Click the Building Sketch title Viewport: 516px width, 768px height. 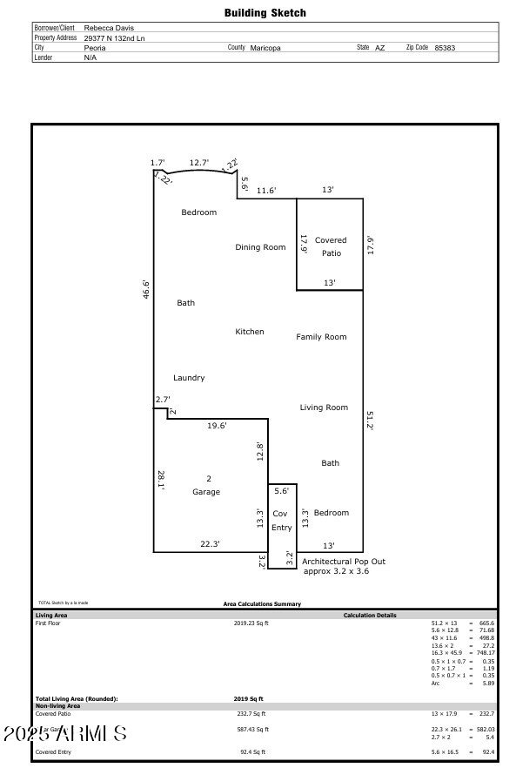(265, 13)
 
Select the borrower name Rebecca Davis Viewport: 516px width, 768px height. (109, 28)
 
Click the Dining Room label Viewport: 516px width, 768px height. (260, 247)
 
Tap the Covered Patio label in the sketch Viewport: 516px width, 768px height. (330, 246)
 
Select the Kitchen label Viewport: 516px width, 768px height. (249, 332)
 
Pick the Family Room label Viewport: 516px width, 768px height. (321, 337)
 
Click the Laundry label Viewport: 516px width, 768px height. (189, 378)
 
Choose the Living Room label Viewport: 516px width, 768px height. (324, 408)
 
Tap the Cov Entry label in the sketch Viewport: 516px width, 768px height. (281, 521)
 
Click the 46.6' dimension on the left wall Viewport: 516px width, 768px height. (147, 290)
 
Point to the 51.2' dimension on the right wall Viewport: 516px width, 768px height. (370, 421)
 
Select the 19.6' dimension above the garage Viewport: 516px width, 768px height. (217, 426)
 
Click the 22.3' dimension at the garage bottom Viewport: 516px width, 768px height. (210, 544)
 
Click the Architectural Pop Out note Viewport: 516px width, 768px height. (343, 566)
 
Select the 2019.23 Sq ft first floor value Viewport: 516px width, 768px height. (251, 623)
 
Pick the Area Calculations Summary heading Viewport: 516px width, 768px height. (262, 603)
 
